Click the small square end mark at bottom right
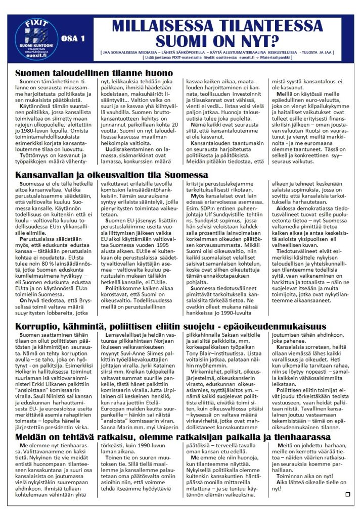(x=347, y=494)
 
